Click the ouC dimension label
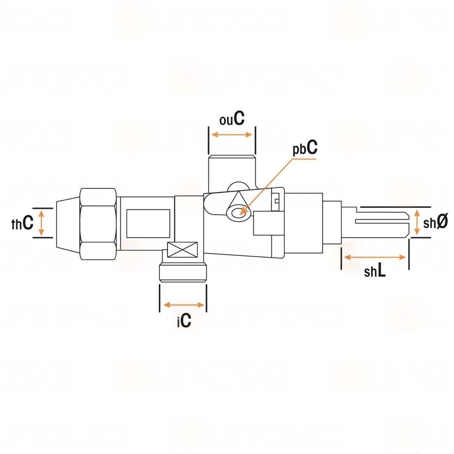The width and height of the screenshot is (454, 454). pyautogui.click(x=232, y=118)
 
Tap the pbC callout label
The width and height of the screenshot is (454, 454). pyautogui.click(x=305, y=148)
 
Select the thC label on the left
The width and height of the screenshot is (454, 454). pyautogui.click(x=22, y=223)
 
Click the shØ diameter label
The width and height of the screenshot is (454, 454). pyautogui.click(x=435, y=222)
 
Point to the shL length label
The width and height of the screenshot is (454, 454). pyautogui.click(x=375, y=271)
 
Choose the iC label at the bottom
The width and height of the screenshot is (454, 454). pyautogui.click(x=184, y=320)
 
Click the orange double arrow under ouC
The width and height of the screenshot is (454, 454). pyautogui.click(x=232, y=135)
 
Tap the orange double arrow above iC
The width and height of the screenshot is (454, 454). pyautogui.click(x=184, y=305)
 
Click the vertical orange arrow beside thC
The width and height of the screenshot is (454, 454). pyautogui.click(x=41, y=222)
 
